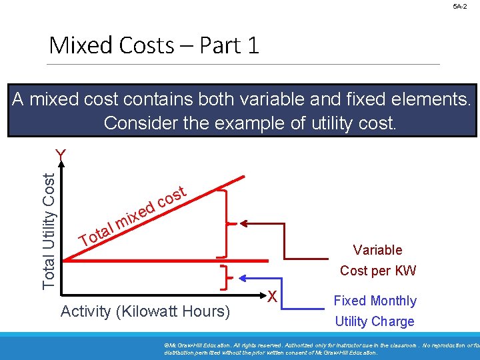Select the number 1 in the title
(251, 45)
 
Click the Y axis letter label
(61, 155)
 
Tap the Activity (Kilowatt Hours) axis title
(145, 311)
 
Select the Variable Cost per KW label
(377, 260)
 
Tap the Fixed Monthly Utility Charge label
(375, 311)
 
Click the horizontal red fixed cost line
(167, 259)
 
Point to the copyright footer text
(320, 348)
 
